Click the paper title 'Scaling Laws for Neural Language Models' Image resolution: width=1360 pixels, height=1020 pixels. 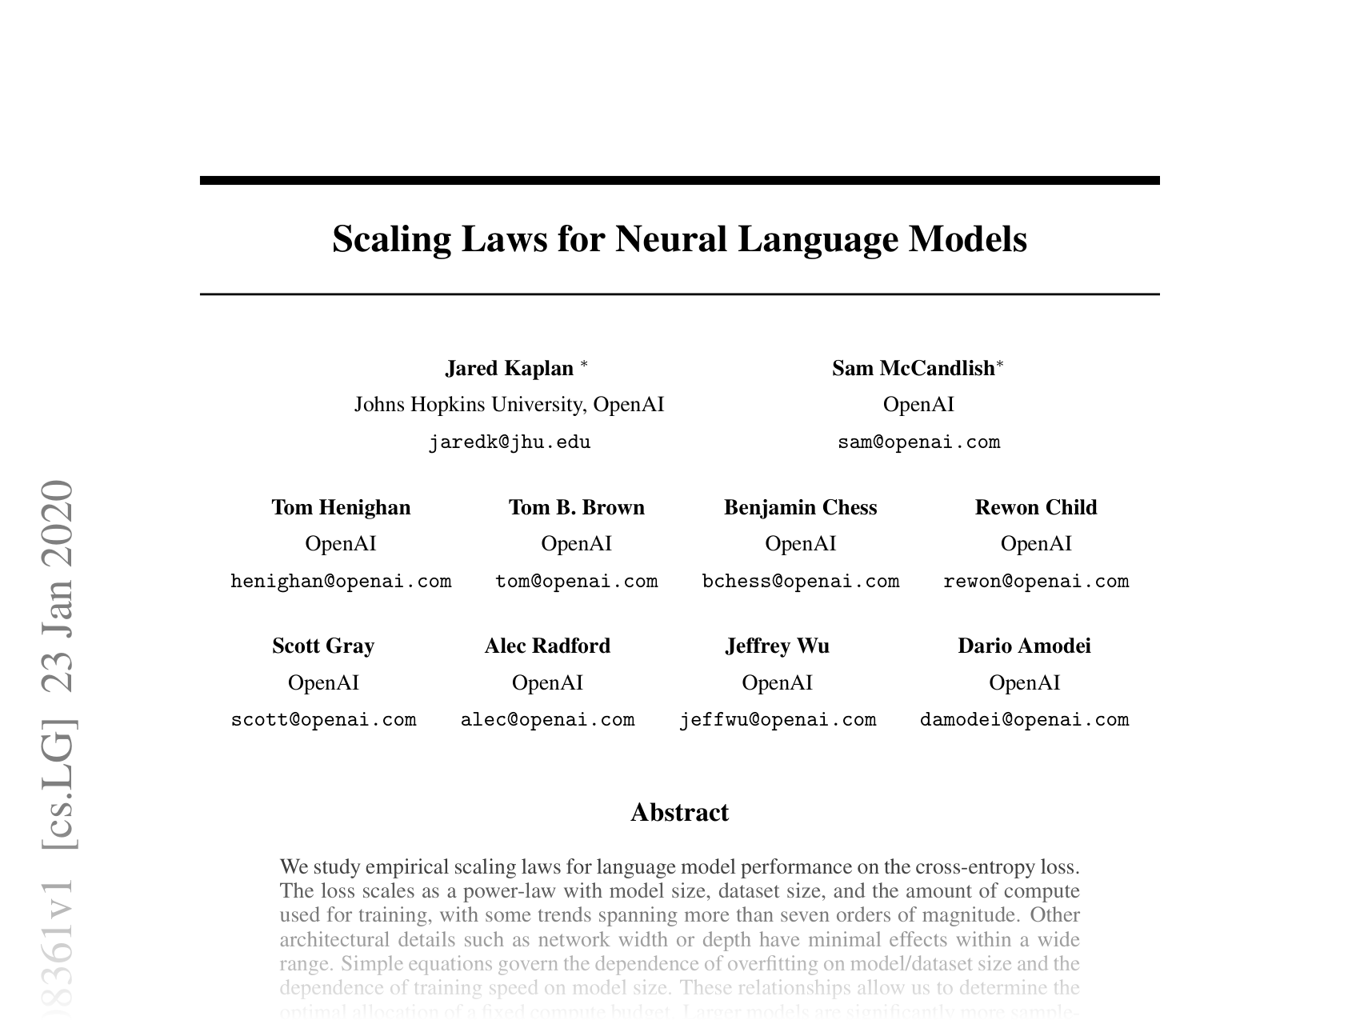coord(679,239)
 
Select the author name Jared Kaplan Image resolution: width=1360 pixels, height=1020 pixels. coord(510,368)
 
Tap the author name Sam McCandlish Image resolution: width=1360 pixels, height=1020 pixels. coord(913,368)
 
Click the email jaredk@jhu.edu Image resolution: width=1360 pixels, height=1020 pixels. coord(510,442)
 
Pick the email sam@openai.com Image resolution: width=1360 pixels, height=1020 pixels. coord(918,442)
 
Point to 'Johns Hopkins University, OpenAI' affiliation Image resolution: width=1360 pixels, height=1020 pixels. coord(510,405)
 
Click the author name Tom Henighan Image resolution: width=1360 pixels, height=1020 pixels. coord(341,507)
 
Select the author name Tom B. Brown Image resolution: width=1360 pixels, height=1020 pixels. coord(577,507)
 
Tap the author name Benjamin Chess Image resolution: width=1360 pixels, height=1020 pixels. coord(800,507)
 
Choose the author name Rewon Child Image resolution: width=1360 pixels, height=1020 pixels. coord(1036,507)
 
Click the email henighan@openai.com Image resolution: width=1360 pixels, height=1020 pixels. coord(341,582)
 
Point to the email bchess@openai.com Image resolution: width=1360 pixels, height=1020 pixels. coord(800,582)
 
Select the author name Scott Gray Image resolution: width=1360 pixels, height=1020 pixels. coord(323,646)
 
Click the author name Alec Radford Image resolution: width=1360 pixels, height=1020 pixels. coord(547,646)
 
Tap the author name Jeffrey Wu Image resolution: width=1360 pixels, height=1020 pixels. coord(777,646)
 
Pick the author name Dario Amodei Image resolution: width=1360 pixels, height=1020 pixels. coord(1024,646)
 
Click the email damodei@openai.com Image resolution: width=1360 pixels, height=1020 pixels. coord(1024,720)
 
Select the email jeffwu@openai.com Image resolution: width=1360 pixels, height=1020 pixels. coord(777,720)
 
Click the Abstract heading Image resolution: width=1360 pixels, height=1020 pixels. coord(679,813)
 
